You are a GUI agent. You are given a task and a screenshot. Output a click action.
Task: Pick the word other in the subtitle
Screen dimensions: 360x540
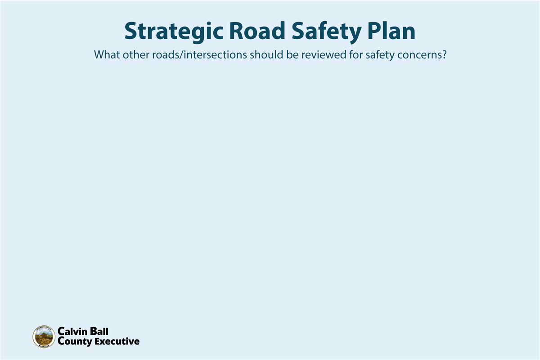click(x=133, y=55)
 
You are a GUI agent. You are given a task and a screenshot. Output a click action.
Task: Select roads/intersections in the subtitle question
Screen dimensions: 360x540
click(x=195, y=55)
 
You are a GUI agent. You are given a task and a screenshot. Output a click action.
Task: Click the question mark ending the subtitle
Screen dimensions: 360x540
click(x=443, y=55)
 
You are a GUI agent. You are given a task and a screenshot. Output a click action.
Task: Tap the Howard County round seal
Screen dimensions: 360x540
click(x=44, y=337)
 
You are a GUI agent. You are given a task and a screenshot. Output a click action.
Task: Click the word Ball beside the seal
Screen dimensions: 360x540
click(x=99, y=332)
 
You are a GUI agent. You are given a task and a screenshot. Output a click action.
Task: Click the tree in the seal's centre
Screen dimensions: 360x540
click(x=44, y=336)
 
